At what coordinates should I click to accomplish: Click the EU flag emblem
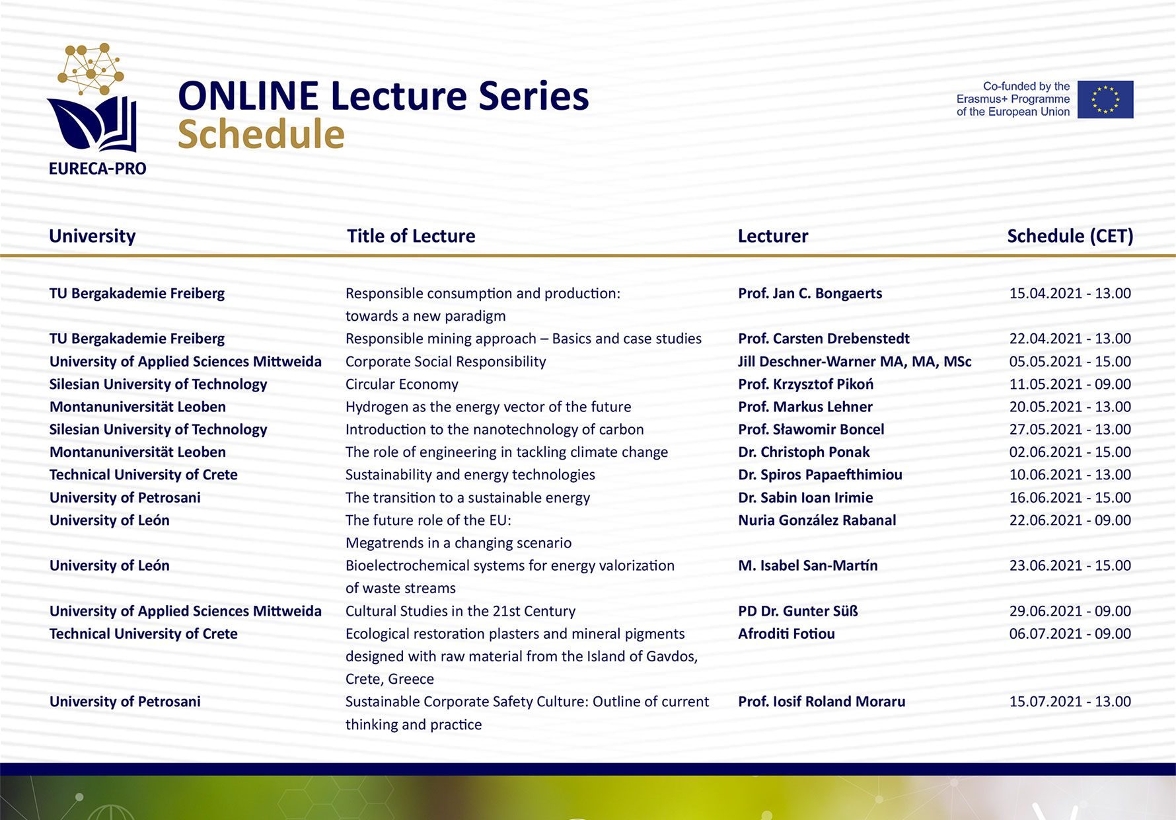1105,99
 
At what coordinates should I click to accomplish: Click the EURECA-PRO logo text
98,169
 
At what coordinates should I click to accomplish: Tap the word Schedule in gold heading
261,134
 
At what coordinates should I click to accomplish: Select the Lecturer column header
773,236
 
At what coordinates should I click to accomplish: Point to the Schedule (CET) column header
1070,236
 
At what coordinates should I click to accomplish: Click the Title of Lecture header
411,236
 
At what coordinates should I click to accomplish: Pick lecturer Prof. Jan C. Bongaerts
810,294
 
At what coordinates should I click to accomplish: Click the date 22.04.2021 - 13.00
1070,339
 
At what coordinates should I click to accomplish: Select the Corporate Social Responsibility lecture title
446,362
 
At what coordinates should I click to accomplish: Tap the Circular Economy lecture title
402,384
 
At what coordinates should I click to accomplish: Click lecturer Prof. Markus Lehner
805,407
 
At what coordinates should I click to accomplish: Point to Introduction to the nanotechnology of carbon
495,430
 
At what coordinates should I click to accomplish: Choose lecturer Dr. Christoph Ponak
804,452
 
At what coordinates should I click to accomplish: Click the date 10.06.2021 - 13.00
1070,475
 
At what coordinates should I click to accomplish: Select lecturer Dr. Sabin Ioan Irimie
805,497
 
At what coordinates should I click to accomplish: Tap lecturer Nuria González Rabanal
817,520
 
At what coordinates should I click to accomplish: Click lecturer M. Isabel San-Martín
808,565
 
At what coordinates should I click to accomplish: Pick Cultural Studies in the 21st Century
460,611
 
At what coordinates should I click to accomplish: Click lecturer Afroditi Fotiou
786,634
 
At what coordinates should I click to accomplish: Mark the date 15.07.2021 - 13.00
1070,702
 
